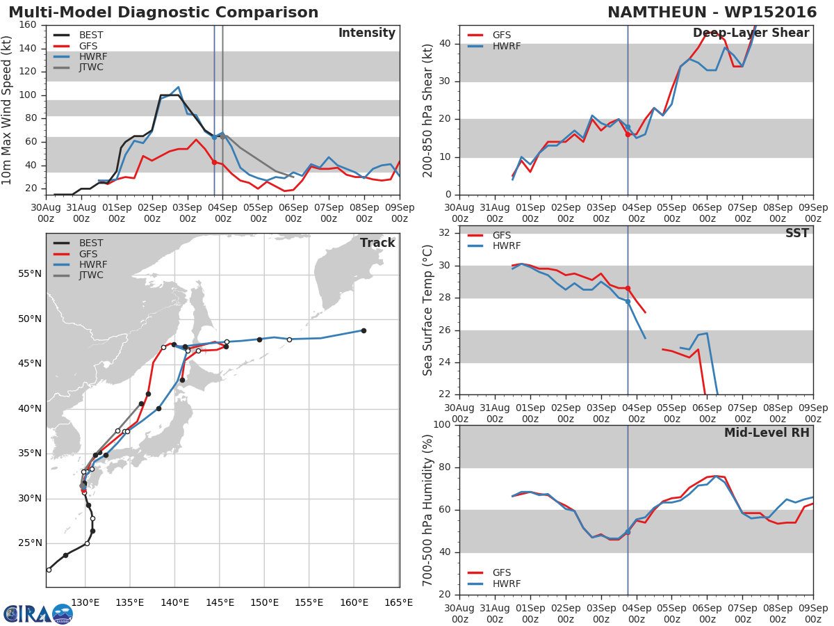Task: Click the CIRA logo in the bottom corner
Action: click(38, 614)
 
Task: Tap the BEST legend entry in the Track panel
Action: click(78, 243)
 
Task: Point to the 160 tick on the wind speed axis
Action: click(28, 25)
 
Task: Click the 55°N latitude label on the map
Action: click(30, 274)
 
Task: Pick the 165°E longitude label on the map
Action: click(400, 603)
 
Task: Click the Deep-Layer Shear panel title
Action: click(751, 33)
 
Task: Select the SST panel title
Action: click(796, 233)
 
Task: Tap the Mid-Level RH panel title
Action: click(767, 433)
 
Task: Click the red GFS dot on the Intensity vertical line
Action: click(214, 162)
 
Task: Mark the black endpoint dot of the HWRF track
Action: click(363, 330)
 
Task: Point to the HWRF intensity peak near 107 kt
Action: click(178, 87)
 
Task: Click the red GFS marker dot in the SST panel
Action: click(628, 289)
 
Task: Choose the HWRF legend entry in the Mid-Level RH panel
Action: click(494, 584)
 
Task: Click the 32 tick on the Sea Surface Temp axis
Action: click(445, 232)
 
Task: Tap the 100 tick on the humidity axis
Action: click(442, 424)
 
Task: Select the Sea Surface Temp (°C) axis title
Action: click(427, 310)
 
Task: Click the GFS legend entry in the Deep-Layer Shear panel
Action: click(489, 35)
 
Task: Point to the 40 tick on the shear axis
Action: click(445, 44)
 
